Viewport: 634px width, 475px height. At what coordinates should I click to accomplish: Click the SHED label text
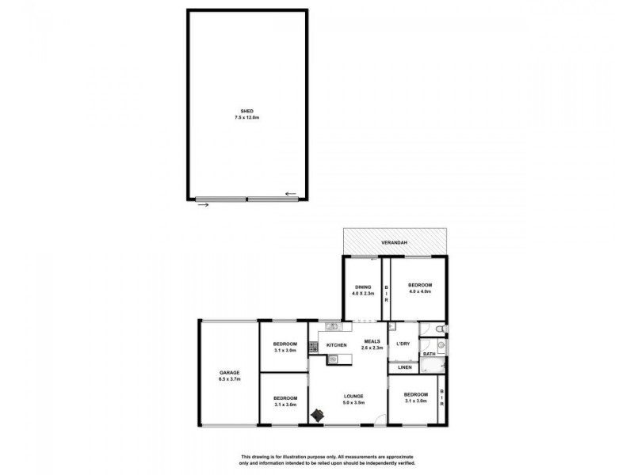(246, 111)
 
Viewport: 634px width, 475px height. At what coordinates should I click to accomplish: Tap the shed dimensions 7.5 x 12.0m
(246, 117)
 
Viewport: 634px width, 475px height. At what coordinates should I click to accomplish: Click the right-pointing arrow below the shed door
(203, 205)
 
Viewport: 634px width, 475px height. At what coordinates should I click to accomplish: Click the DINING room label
(362, 287)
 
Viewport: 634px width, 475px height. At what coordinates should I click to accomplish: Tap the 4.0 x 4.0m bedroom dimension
(420, 292)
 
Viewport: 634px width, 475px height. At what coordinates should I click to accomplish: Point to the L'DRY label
(403, 343)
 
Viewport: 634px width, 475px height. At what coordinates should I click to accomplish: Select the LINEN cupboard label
(403, 368)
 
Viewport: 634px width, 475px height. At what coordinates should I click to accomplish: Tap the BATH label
(429, 354)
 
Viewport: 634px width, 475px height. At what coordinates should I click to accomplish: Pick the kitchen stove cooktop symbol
(313, 346)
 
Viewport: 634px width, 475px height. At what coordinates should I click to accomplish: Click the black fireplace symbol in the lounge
(318, 415)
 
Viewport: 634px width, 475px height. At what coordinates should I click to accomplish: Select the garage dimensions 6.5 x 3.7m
(229, 380)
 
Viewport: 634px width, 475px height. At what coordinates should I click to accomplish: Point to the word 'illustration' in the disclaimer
(310, 458)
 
